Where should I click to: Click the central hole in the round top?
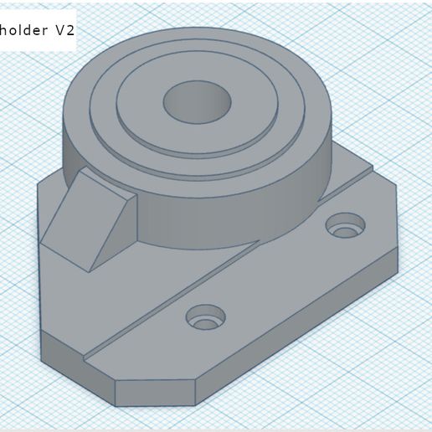coord(197,102)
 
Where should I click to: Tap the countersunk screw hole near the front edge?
coord(205,318)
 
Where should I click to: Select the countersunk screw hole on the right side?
coord(346,225)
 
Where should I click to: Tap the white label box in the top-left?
coord(38,30)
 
